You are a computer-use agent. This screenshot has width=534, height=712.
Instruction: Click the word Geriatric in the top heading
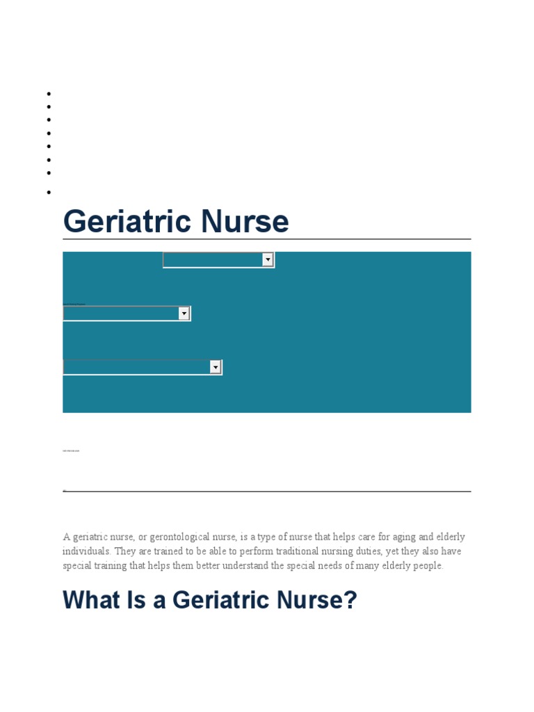point(126,222)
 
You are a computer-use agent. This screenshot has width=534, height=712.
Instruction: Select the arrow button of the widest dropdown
point(216,367)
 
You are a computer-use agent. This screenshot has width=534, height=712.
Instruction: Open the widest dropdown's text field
point(136,367)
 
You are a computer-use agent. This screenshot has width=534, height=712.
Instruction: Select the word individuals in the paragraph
point(86,551)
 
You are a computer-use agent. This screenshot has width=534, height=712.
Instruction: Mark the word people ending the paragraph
point(428,566)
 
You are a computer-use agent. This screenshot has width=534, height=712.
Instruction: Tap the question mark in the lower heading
point(350,599)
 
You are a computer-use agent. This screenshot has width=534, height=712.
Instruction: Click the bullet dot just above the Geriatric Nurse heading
point(49,192)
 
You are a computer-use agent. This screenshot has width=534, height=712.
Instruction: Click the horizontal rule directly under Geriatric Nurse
point(266,239)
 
